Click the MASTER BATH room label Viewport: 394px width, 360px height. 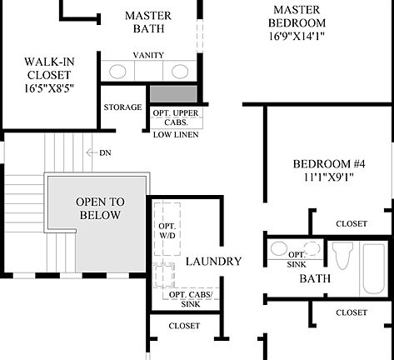[147, 22]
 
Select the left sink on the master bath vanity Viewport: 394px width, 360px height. [118, 71]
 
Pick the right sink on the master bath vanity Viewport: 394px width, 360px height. [178, 71]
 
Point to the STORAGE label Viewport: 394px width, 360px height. [122, 107]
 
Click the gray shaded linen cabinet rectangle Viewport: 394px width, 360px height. [173, 94]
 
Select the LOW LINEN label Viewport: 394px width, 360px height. [173, 133]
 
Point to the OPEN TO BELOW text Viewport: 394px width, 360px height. [98, 208]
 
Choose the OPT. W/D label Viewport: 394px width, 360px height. [167, 230]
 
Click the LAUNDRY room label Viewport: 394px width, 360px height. [213, 262]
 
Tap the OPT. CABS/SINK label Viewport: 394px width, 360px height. [190, 299]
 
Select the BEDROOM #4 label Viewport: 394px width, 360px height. [327, 163]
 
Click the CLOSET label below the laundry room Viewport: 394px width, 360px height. [184, 326]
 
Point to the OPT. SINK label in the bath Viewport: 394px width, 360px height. [297, 258]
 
